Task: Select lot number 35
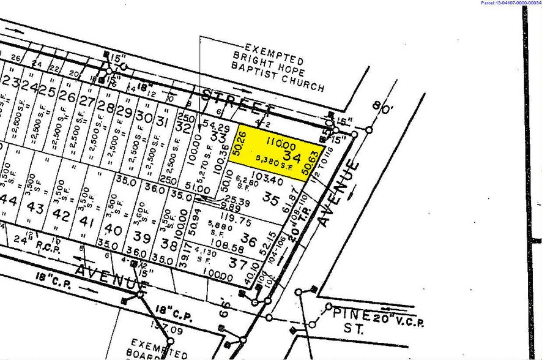[270, 198]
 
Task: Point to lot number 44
[9, 200]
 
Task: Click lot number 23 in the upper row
[9, 83]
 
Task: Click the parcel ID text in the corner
[511, 3]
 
